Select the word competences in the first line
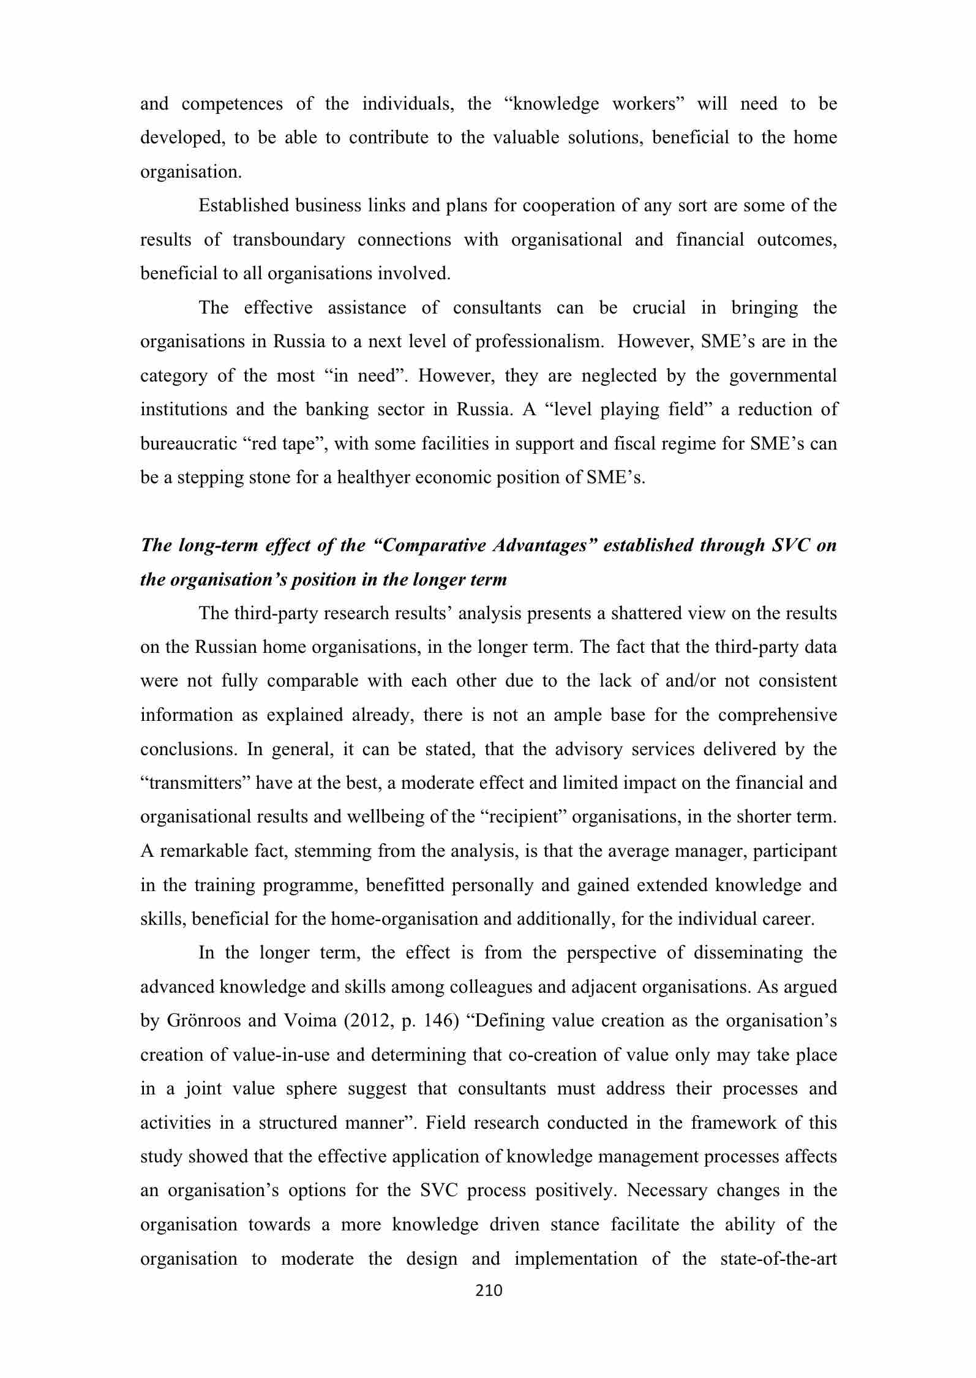point(232,104)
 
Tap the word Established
point(242,206)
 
